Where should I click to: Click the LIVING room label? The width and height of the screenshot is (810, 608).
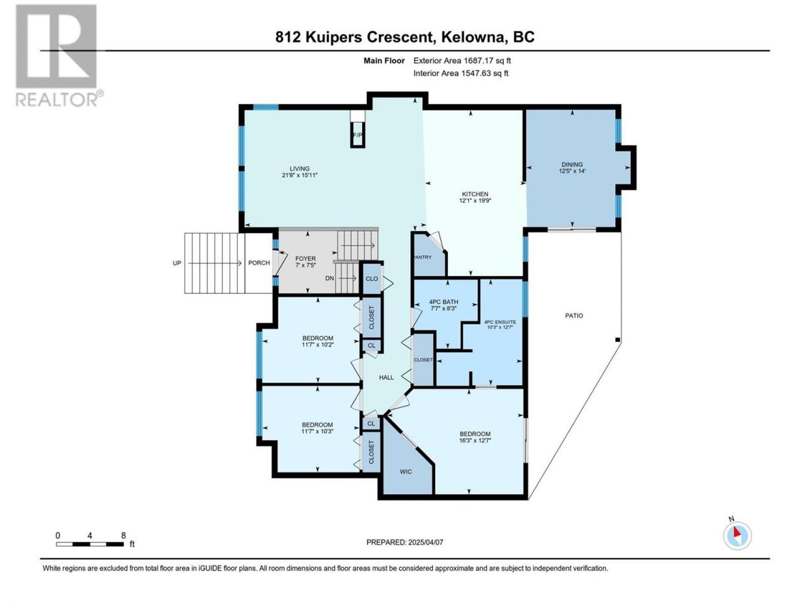[299, 168]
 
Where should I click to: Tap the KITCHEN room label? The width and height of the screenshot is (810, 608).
[475, 194]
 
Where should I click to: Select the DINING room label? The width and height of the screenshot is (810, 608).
[572, 165]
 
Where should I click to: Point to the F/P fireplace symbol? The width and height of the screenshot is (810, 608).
[357, 135]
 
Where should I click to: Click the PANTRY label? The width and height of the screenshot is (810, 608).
[423, 257]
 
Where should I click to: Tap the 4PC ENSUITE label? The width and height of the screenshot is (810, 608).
[500, 322]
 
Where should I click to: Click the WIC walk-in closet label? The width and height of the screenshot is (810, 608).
[406, 472]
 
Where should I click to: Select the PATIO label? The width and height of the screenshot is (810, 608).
[574, 315]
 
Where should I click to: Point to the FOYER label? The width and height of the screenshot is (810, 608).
[306, 259]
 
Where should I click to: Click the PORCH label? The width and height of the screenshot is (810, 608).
[259, 263]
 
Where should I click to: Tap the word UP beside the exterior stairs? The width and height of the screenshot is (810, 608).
[177, 263]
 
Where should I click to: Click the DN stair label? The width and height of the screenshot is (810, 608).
[330, 278]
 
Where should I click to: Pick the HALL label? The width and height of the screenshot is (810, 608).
[387, 377]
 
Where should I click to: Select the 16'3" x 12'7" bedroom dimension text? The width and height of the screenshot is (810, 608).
[475, 440]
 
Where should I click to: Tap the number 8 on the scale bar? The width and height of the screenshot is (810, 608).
[123, 535]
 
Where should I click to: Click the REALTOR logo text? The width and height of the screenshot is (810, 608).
[59, 99]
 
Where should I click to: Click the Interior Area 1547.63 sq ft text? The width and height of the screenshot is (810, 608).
[461, 73]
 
